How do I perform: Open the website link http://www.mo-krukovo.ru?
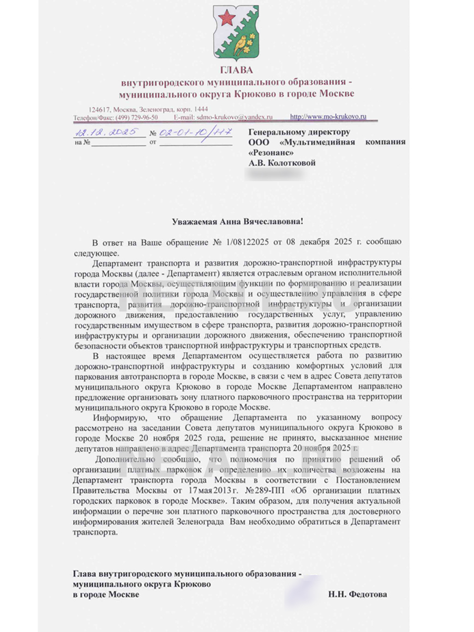pos(328,116)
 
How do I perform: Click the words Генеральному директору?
pos(299,132)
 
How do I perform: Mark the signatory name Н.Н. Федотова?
pos(357,594)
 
